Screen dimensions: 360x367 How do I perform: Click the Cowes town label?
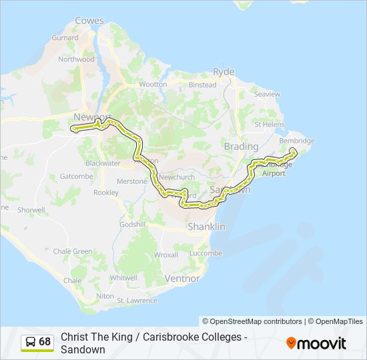[x=89, y=21]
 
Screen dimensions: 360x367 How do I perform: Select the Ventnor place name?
[x=181, y=278]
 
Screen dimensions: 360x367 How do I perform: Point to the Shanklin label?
[x=207, y=227]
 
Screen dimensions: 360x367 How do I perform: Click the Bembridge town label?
[x=296, y=141]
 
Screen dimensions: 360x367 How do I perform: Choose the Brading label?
[x=241, y=146]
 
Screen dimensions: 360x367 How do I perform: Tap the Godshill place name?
[x=132, y=225]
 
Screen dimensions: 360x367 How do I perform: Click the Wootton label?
[x=153, y=85]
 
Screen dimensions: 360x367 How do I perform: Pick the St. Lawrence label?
[x=137, y=301]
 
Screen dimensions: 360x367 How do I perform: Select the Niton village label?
[x=105, y=295]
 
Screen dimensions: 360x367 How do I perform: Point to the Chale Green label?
[x=73, y=251]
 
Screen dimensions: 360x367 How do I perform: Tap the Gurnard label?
[x=65, y=38]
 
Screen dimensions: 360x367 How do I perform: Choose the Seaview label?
[x=267, y=95]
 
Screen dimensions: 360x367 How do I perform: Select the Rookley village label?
[x=105, y=193]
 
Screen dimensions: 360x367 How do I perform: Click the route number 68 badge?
[x=45, y=342]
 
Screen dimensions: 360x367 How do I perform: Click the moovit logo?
[x=316, y=343]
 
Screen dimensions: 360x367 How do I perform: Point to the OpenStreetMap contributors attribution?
[x=252, y=321]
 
